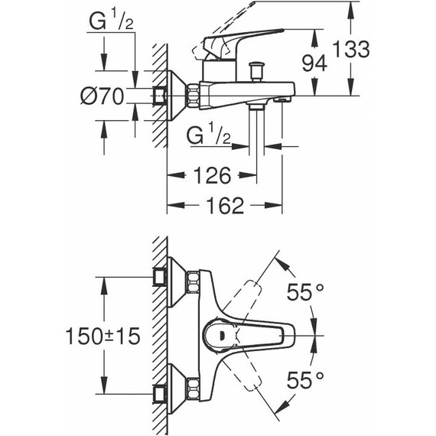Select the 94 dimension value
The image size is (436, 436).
pyautogui.click(x=314, y=63)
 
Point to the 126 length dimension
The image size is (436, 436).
pyautogui.click(x=210, y=177)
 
